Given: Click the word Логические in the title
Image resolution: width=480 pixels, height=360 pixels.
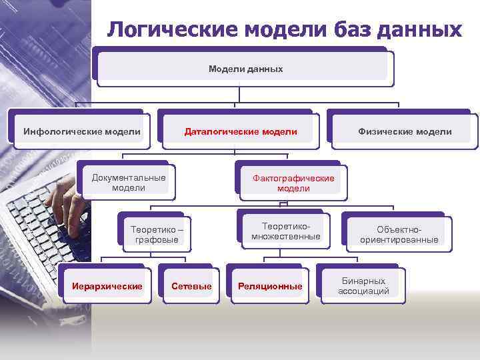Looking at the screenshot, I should pos(171,30).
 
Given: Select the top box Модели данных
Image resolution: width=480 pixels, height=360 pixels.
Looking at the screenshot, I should pos(245,69).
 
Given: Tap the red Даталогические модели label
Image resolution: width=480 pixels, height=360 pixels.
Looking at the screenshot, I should pos(241,131).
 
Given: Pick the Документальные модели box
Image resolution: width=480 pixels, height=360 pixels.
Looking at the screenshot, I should pos(129,183).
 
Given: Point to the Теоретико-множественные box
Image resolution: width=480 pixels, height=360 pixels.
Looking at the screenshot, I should pos(285,231).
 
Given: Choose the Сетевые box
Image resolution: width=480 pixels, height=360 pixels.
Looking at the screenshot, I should pos(191,286).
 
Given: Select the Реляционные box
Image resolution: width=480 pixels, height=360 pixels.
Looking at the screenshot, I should pos(270,286).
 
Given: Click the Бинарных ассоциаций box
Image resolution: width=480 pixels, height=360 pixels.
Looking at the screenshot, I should pos(363,286).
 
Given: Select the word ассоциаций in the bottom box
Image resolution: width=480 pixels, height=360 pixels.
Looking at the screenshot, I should pos(363,291).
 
